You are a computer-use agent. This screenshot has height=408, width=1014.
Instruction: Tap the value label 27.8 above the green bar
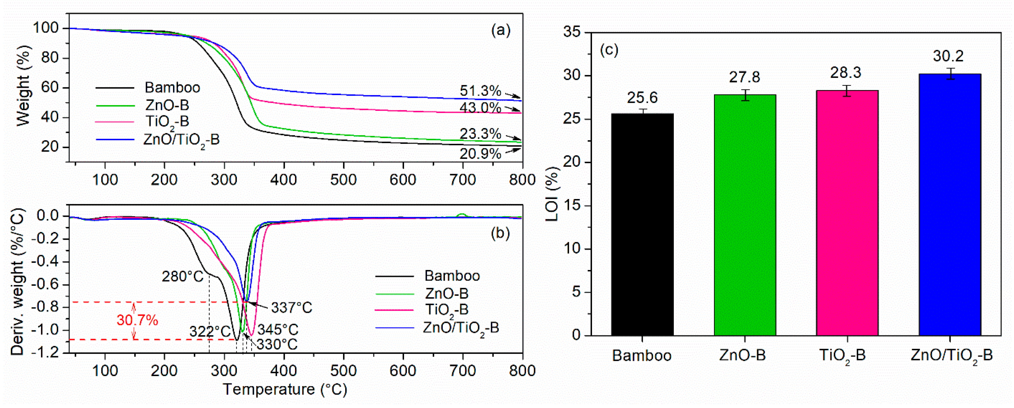(744, 77)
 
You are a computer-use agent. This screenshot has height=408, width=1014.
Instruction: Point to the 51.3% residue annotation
(480, 91)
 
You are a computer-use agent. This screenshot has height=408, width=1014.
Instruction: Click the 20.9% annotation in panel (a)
(480, 154)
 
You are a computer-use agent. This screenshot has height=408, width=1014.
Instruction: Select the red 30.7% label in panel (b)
(137, 320)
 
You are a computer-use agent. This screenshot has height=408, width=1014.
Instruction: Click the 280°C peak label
(183, 277)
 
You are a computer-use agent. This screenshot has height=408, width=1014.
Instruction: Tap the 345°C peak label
(278, 329)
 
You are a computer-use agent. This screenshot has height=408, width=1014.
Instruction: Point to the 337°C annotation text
(291, 308)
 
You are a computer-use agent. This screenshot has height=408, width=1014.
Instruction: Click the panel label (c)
(609, 50)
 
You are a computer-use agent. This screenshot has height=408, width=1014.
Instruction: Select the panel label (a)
(501, 30)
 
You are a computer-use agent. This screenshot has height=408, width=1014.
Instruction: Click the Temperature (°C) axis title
(285, 389)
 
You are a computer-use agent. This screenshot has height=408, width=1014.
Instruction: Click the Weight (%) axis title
(24, 86)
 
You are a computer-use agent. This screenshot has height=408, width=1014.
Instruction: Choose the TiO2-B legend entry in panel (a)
(167, 122)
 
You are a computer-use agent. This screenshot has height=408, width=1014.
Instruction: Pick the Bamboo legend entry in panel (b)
(452, 276)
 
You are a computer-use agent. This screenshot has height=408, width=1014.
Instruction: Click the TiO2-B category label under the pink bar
(842, 356)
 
